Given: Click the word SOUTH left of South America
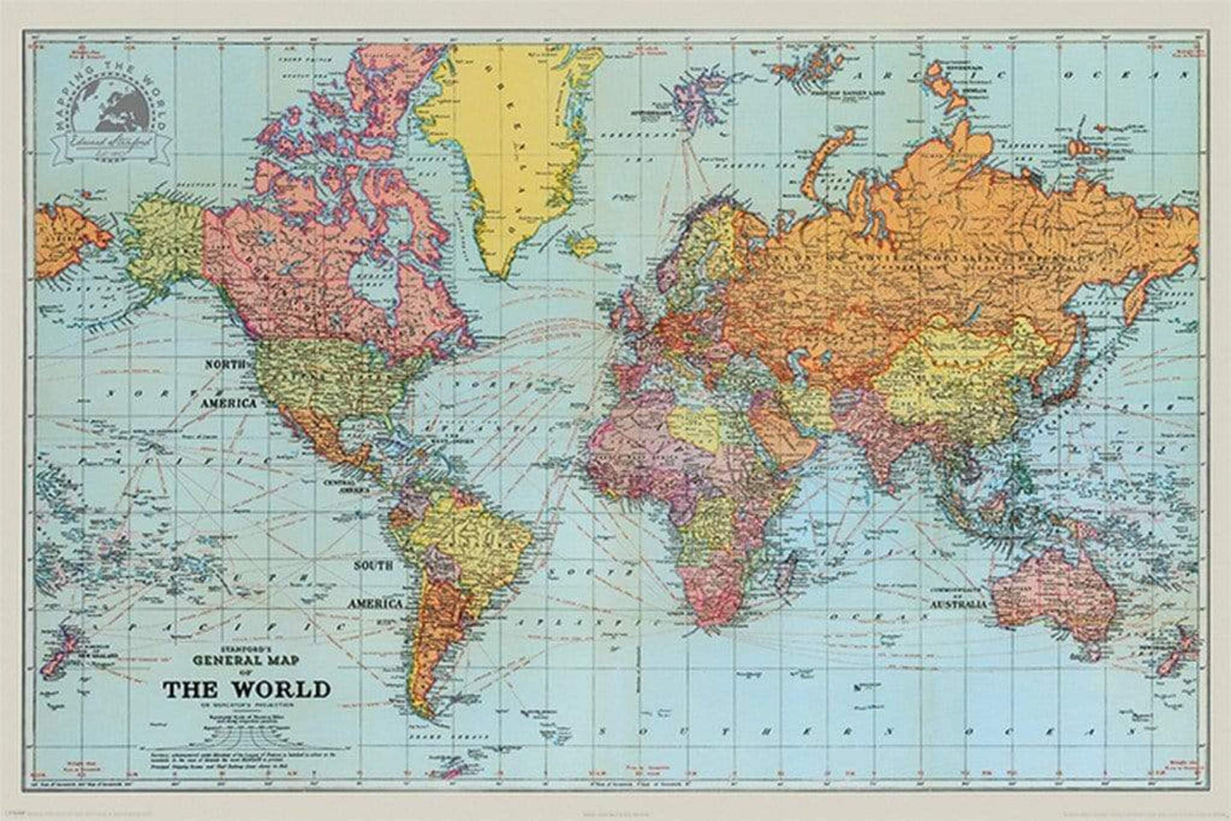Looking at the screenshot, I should click(374, 566).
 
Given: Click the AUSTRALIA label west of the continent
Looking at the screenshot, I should click(958, 604).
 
